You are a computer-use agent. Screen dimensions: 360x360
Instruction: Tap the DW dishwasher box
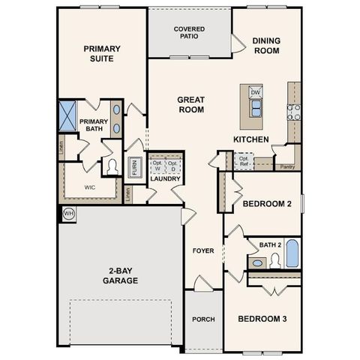[256, 92]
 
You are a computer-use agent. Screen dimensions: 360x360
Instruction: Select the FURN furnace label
[135, 166]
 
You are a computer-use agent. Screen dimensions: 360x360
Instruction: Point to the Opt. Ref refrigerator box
[244, 160]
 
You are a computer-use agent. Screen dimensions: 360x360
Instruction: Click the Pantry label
[286, 168]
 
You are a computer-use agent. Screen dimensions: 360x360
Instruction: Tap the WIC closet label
[90, 187]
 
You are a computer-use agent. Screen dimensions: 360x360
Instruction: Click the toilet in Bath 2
[274, 259]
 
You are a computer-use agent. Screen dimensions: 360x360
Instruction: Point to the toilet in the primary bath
[112, 166]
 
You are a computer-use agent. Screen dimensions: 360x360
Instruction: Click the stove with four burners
[294, 112]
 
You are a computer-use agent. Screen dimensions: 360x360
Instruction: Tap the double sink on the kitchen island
[256, 109]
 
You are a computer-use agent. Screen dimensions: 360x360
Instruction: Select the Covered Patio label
[190, 32]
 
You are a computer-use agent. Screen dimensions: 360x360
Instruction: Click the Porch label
[203, 319]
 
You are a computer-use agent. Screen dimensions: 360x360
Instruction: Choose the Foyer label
[203, 250]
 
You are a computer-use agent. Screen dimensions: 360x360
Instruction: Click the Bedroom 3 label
[262, 319]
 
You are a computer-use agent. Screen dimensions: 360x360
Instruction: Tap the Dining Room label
[265, 46]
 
